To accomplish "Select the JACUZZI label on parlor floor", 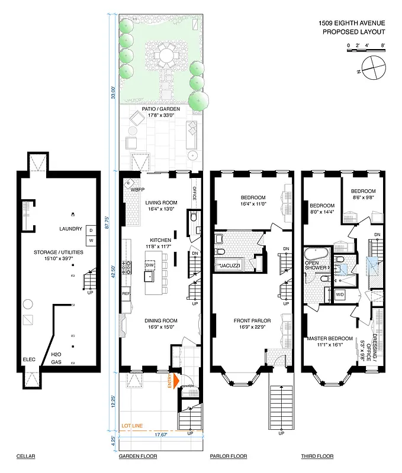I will (x=230, y=266).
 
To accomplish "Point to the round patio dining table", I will (x=162, y=57).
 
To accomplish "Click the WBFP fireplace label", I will (x=138, y=190).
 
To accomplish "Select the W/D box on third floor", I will (x=340, y=294).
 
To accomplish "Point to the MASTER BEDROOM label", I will (x=329, y=338).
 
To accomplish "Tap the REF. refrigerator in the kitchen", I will (x=126, y=293).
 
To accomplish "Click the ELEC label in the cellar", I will (x=29, y=359).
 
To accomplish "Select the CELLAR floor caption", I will (x=26, y=456).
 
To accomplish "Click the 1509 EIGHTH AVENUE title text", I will (x=352, y=23).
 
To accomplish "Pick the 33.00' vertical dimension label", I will (x=114, y=94).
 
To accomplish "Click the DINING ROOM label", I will (x=161, y=321).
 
